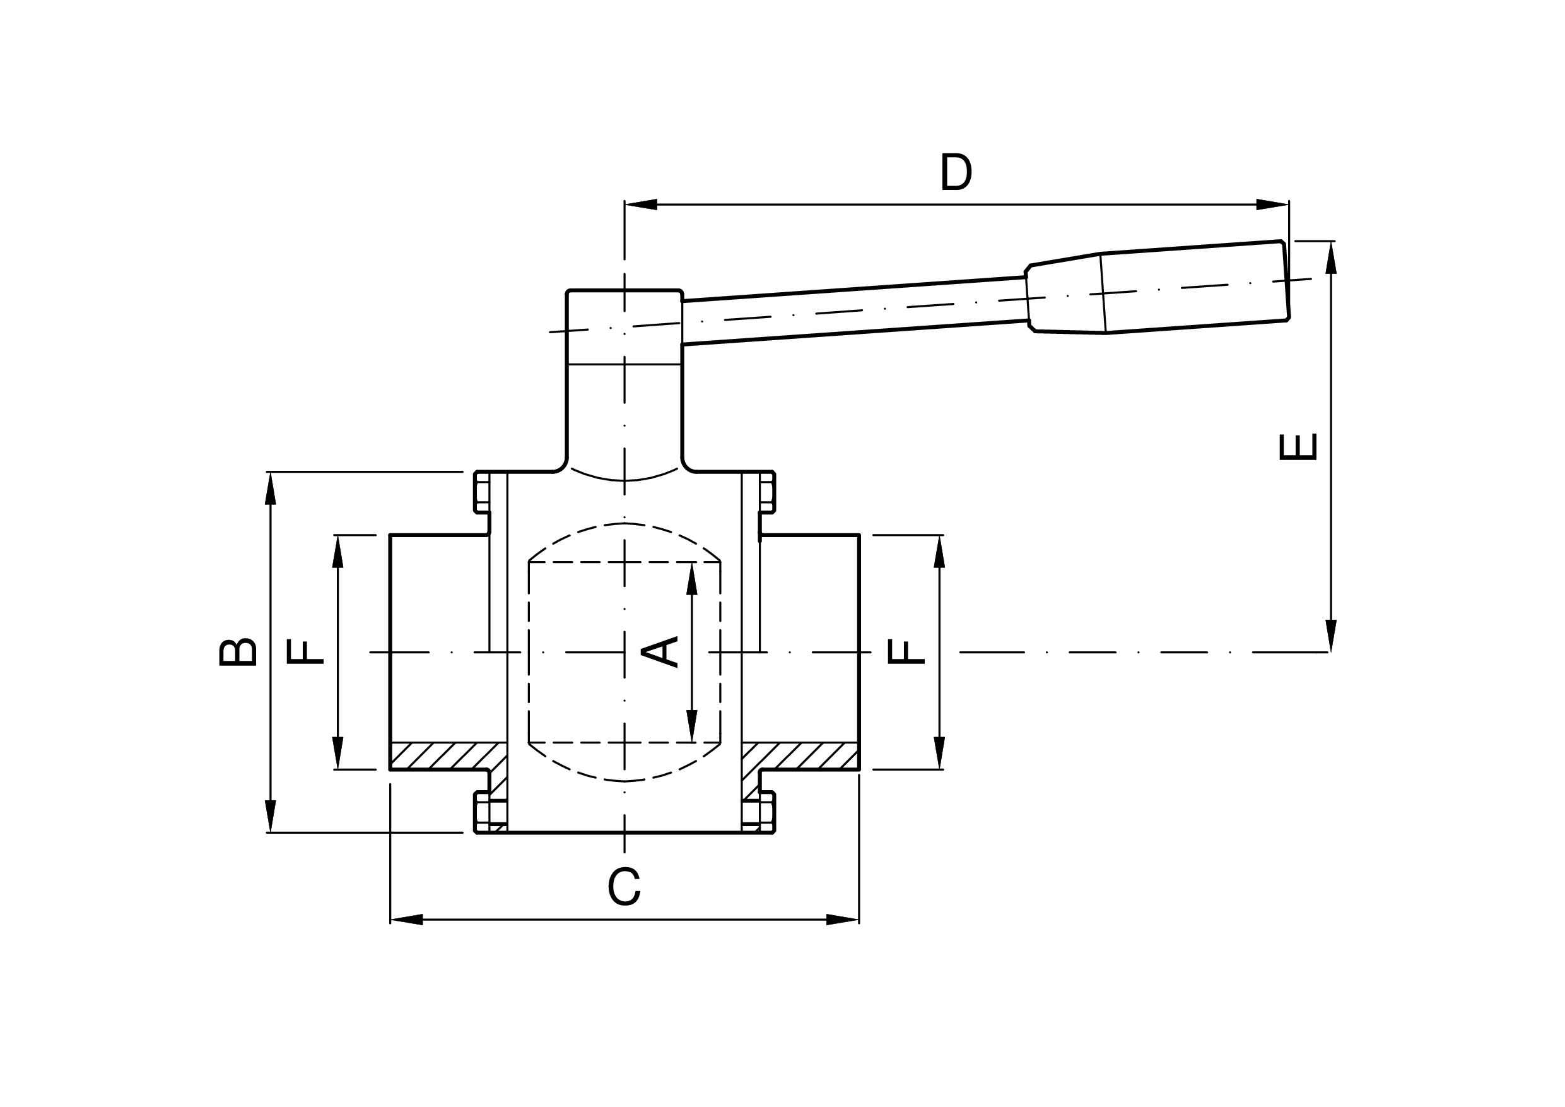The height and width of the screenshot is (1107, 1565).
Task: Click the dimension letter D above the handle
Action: pyautogui.click(x=956, y=172)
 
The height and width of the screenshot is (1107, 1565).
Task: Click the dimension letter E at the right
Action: pyautogui.click(x=1298, y=447)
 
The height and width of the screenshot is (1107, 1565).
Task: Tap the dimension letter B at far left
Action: pyautogui.click(x=237, y=652)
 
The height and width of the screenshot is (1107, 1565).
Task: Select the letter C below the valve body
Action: pyautogui.click(x=624, y=887)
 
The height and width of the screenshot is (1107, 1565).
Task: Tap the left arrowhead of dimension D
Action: pyautogui.click(x=641, y=204)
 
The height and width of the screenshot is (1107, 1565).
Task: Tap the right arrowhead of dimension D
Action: pyautogui.click(x=1272, y=204)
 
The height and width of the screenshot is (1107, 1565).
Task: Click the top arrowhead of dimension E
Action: pyautogui.click(x=1330, y=258)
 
